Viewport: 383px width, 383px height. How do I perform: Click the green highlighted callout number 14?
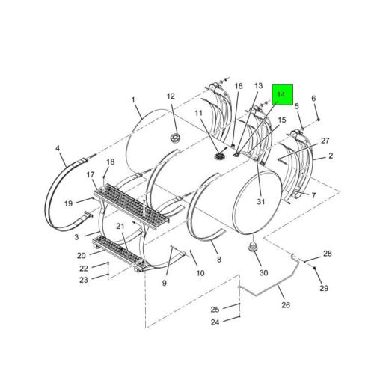282,95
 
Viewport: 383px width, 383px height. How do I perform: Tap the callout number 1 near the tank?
133,100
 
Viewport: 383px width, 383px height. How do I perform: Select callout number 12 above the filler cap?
171,96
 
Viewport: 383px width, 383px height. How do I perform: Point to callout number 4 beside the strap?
58,148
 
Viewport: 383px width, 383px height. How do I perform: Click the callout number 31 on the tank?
260,201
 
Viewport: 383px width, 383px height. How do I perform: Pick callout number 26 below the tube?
285,304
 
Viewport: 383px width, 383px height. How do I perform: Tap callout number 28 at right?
327,254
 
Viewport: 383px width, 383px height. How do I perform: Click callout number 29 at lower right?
324,288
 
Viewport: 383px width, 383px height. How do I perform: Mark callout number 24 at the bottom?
214,322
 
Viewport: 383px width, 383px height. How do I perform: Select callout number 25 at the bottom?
214,309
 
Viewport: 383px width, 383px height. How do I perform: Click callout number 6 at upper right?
313,99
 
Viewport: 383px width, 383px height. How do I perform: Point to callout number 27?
325,141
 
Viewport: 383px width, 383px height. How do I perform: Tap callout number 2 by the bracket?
331,156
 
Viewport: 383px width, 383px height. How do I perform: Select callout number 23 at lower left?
84,280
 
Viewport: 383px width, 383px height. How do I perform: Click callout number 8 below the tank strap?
219,259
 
